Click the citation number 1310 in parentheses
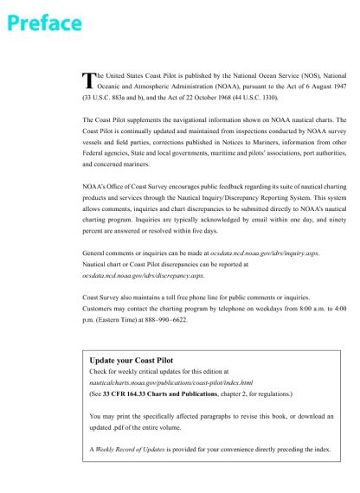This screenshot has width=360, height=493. pos(264,99)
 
